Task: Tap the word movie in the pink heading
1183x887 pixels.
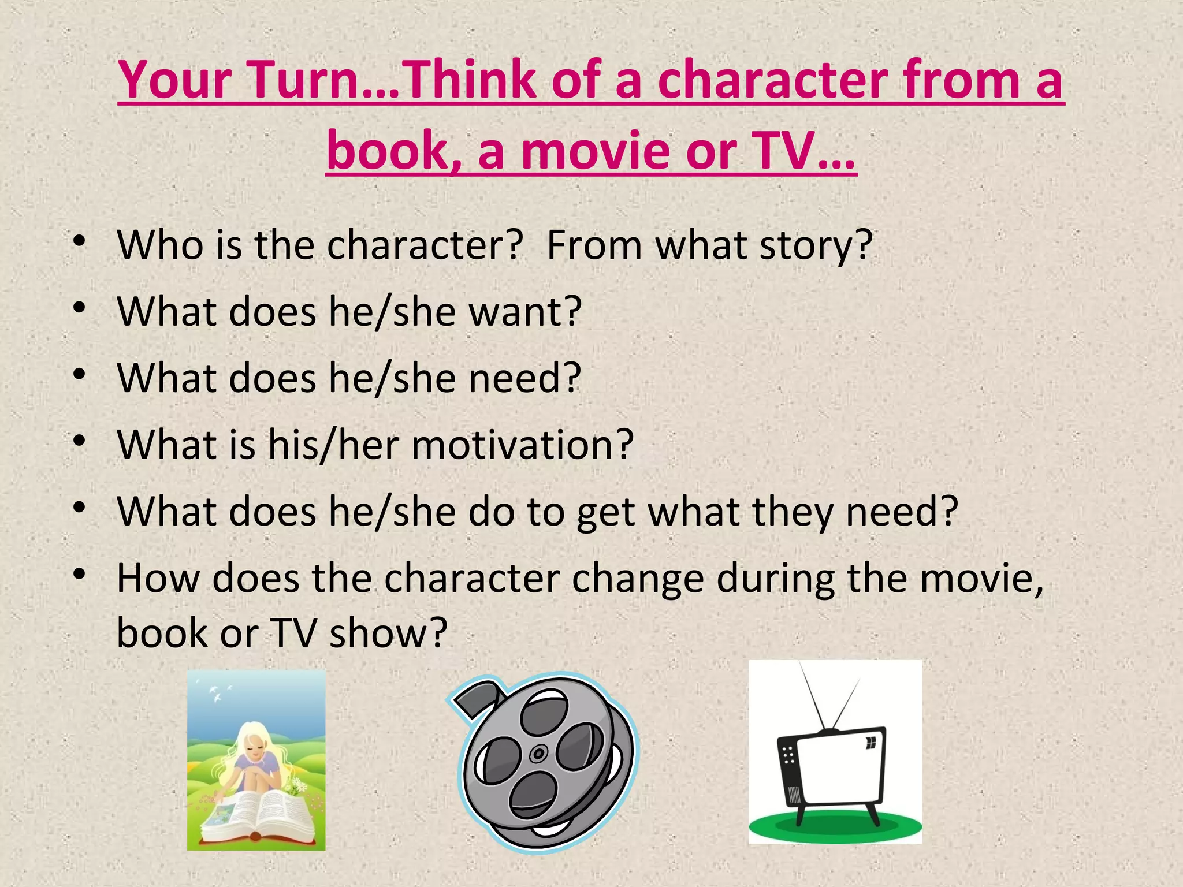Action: [x=596, y=151]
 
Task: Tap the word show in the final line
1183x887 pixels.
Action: [x=388, y=633]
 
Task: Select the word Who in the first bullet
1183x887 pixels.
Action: [x=159, y=245]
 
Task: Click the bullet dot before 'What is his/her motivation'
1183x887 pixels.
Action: [x=80, y=442]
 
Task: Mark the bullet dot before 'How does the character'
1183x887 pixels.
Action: [x=80, y=575]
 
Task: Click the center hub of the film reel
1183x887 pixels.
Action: [x=539, y=754]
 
